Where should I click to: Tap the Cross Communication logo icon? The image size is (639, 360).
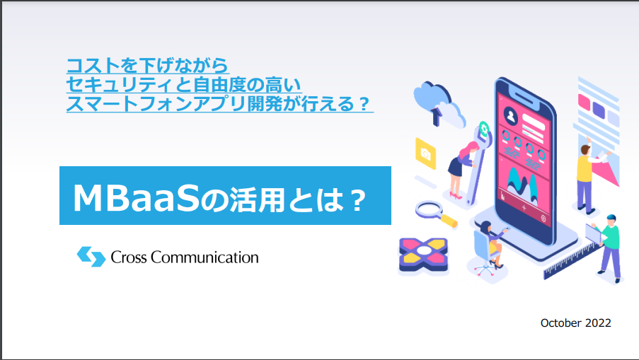[91, 257]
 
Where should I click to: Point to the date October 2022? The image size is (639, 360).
[575, 323]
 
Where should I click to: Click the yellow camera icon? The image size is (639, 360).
[425, 153]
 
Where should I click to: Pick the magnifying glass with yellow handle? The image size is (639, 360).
[435, 214]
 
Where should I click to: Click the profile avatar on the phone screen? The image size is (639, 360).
[510, 117]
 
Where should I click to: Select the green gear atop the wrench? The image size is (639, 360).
[484, 130]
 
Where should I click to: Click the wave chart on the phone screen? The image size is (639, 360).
[522, 185]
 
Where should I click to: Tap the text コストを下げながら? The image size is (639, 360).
[147, 65]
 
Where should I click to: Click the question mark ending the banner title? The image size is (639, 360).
[358, 199]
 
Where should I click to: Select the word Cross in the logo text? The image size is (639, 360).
[128, 257]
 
